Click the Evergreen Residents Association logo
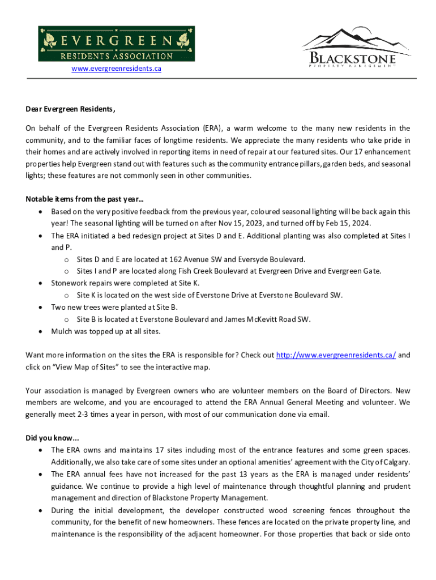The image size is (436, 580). (x=116, y=44)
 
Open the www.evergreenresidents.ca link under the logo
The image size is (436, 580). (x=116, y=69)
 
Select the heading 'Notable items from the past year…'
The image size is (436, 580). (x=84, y=199)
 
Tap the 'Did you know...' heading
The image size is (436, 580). (x=53, y=438)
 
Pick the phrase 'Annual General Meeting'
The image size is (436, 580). (x=300, y=403)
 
